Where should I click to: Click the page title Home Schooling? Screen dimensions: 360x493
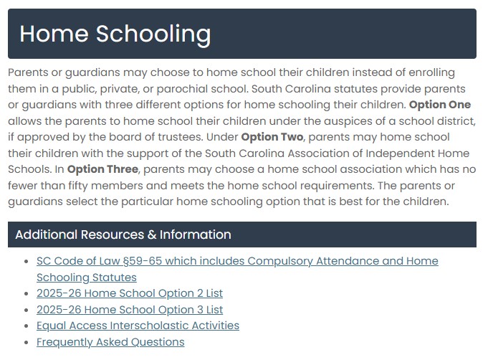tap(115, 33)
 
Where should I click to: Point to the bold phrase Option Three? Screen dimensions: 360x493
tap(103, 169)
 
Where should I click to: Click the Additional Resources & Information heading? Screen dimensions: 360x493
tap(123, 235)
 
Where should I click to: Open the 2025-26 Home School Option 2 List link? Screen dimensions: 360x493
tap(130, 293)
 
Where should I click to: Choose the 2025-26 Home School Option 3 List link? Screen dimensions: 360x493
tap(130, 310)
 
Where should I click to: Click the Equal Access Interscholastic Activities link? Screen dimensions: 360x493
tap(138, 326)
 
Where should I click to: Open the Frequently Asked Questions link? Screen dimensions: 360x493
tap(110, 342)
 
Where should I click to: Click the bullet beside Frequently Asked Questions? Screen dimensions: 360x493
tap(27, 342)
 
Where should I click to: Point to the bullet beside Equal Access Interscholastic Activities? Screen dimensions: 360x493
tap(27, 326)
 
